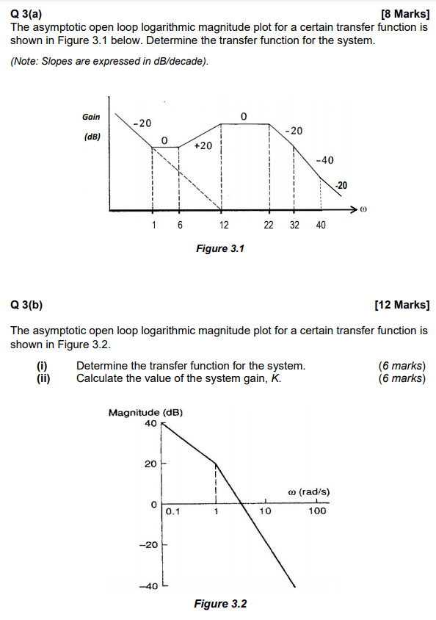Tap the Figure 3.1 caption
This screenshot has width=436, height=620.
click(x=220, y=248)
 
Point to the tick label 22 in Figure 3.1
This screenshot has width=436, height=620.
click(x=269, y=225)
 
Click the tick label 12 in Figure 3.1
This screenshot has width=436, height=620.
click(x=222, y=225)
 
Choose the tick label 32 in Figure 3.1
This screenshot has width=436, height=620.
click(x=294, y=225)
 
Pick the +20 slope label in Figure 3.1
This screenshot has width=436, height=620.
click(x=203, y=146)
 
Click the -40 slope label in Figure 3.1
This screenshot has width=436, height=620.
click(x=324, y=159)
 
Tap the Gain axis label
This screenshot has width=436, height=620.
click(x=92, y=117)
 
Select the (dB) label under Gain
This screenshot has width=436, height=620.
click(x=92, y=137)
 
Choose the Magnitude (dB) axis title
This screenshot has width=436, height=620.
click(x=145, y=412)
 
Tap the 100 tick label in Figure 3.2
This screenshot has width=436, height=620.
click(x=317, y=511)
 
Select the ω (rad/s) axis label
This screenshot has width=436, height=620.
click(x=309, y=491)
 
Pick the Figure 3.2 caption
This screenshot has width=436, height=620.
click(x=220, y=604)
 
